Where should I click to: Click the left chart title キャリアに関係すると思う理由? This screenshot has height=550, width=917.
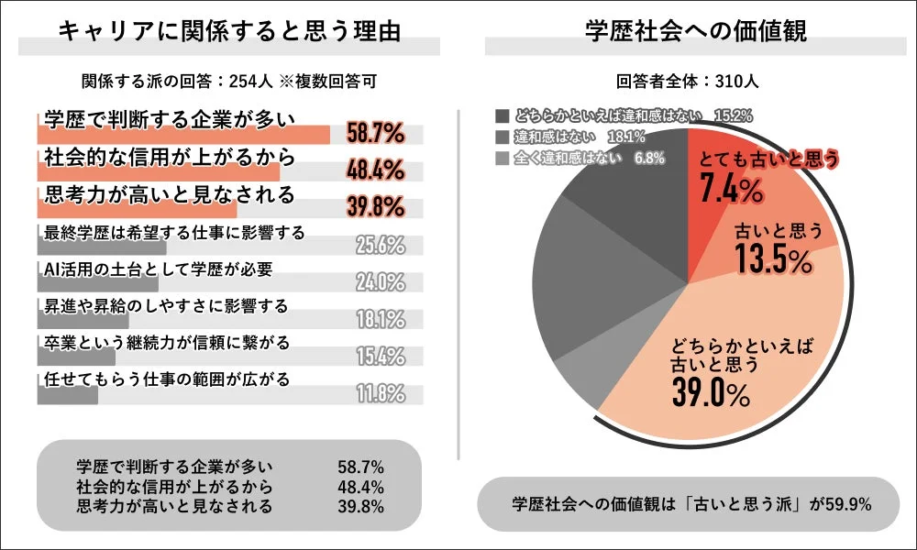[229, 30]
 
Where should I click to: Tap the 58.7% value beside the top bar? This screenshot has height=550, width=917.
[376, 134]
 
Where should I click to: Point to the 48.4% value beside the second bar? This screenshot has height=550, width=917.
[376, 170]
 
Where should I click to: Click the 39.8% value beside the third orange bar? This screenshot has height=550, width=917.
[376, 207]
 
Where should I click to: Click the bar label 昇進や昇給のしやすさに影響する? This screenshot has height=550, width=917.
[165, 304]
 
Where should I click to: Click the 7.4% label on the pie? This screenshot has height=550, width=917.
[731, 190]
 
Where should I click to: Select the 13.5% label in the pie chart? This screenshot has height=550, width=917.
[774, 260]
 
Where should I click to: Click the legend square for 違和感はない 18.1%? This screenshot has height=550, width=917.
[502, 137]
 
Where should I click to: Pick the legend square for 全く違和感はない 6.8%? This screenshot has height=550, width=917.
[502, 158]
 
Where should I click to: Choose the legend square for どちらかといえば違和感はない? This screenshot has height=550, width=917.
[502, 116]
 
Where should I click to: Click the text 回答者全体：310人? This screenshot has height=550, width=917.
[688, 81]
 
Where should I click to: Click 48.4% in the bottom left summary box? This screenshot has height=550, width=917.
[360, 487]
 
